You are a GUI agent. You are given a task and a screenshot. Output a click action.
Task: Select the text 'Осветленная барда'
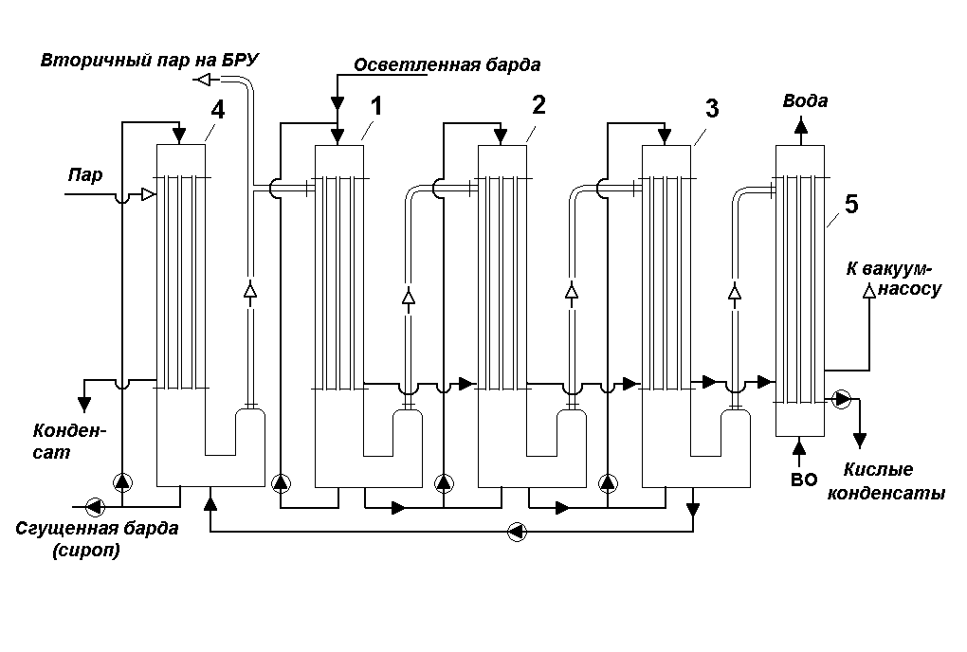click(447, 65)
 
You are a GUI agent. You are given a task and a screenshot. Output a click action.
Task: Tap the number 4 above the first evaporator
click(218, 109)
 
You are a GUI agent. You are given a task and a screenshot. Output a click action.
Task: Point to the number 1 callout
click(376, 106)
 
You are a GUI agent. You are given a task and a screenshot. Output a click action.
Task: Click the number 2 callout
click(538, 105)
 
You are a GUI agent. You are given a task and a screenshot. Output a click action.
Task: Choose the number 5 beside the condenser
click(850, 204)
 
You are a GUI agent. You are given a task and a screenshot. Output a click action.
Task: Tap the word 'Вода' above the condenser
click(805, 101)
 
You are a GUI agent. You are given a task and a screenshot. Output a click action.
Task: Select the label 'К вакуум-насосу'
click(893, 279)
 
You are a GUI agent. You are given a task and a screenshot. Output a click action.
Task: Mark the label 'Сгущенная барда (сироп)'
click(97, 539)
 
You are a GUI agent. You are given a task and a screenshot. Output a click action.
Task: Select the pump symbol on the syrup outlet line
click(93, 504)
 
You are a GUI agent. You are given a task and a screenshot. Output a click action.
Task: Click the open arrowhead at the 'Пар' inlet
click(148, 194)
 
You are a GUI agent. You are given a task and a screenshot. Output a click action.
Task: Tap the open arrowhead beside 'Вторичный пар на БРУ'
click(202, 81)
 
